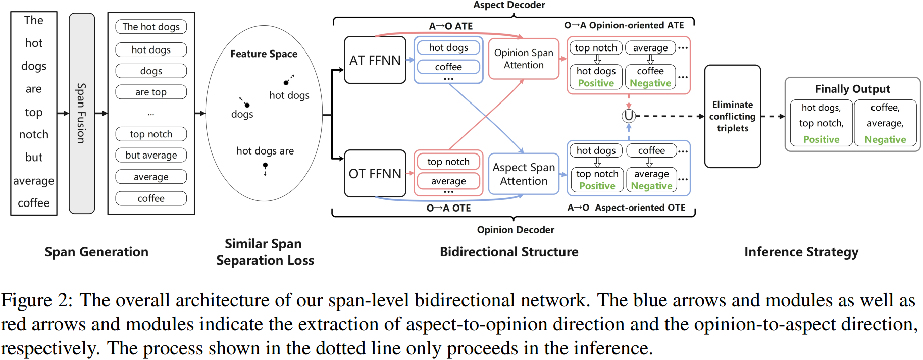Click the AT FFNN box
pos(375,60)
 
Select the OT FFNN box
pos(375,173)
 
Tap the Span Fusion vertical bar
pos(82,113)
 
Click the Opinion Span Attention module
pos(524,59)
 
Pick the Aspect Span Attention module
pos(524,174)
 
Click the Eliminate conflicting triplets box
pos(732,116)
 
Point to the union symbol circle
pos(628,116)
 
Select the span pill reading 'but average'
pos(151,155)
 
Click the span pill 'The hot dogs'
pos(151,27)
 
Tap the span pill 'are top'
pos(151,92)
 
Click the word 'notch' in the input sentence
pos(34,134)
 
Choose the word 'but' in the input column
pos(34,157)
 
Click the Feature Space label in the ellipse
pos(264,54)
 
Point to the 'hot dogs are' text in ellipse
pos(265,150)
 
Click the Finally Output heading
pos(852,89)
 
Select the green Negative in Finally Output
pos(885,139)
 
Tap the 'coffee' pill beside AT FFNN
pos(448,67)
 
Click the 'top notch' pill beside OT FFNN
pos(448,162)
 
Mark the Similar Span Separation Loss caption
pos(265,251)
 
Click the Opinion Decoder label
pos(516,230)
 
